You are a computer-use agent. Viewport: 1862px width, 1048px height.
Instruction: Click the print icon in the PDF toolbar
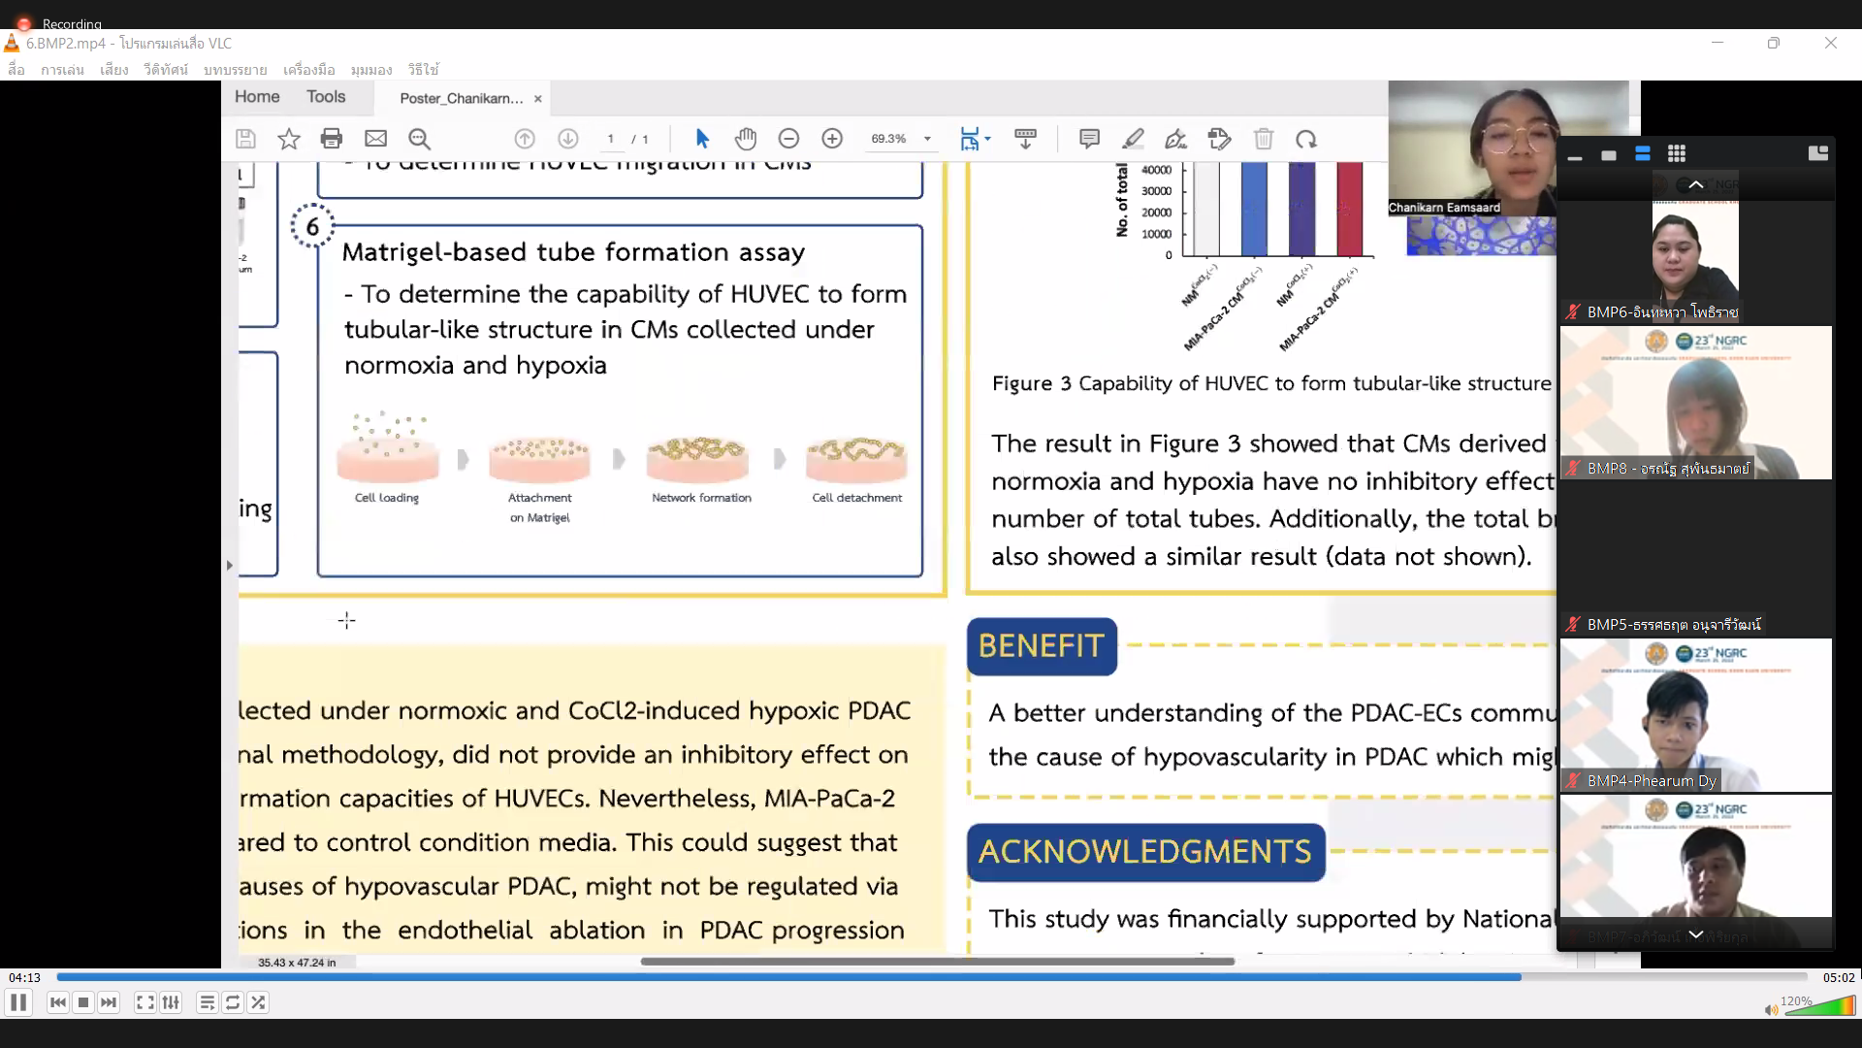click(x=332, y=139)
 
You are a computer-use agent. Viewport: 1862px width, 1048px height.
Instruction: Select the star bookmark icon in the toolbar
click(x=289, y=139)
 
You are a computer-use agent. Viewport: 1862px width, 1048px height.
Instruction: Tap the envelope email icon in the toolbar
click(x=375, y=139)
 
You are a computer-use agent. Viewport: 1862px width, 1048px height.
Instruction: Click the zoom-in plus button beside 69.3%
click(x=832, y=139)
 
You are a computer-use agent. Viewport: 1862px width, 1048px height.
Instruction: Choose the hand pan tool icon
click(x=745, y=139)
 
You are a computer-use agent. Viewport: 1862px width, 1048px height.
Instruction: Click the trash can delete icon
click(x=1263, y=139)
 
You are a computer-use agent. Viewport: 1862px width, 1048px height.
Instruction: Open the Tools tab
click(x=326, y=97)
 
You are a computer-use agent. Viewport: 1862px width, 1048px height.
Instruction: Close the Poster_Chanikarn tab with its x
click(x=538, y=98)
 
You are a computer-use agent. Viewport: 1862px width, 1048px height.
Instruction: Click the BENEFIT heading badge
click(x=1042, y=646)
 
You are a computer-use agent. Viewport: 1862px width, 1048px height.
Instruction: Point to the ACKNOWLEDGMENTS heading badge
click(x=1145, y=852)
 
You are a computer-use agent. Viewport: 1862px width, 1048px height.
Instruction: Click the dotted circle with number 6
click(x=312, y=227)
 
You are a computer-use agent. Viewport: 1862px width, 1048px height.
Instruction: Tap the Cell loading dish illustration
click(x=387, y=450)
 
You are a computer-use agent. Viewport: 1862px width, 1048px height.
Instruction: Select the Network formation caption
click(x=701, y=498)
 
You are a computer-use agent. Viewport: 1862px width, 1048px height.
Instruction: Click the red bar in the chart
click(x=1349, y=209)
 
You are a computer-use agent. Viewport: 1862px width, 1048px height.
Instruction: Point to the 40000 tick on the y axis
click(x=1156, y=170)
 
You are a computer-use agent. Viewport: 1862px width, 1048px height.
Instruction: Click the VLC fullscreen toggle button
click(x=144, y=1002)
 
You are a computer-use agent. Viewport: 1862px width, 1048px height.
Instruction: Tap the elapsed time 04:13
click(x=25, y=978)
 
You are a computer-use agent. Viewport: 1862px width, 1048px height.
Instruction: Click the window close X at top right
click(x=1831, y=43)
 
